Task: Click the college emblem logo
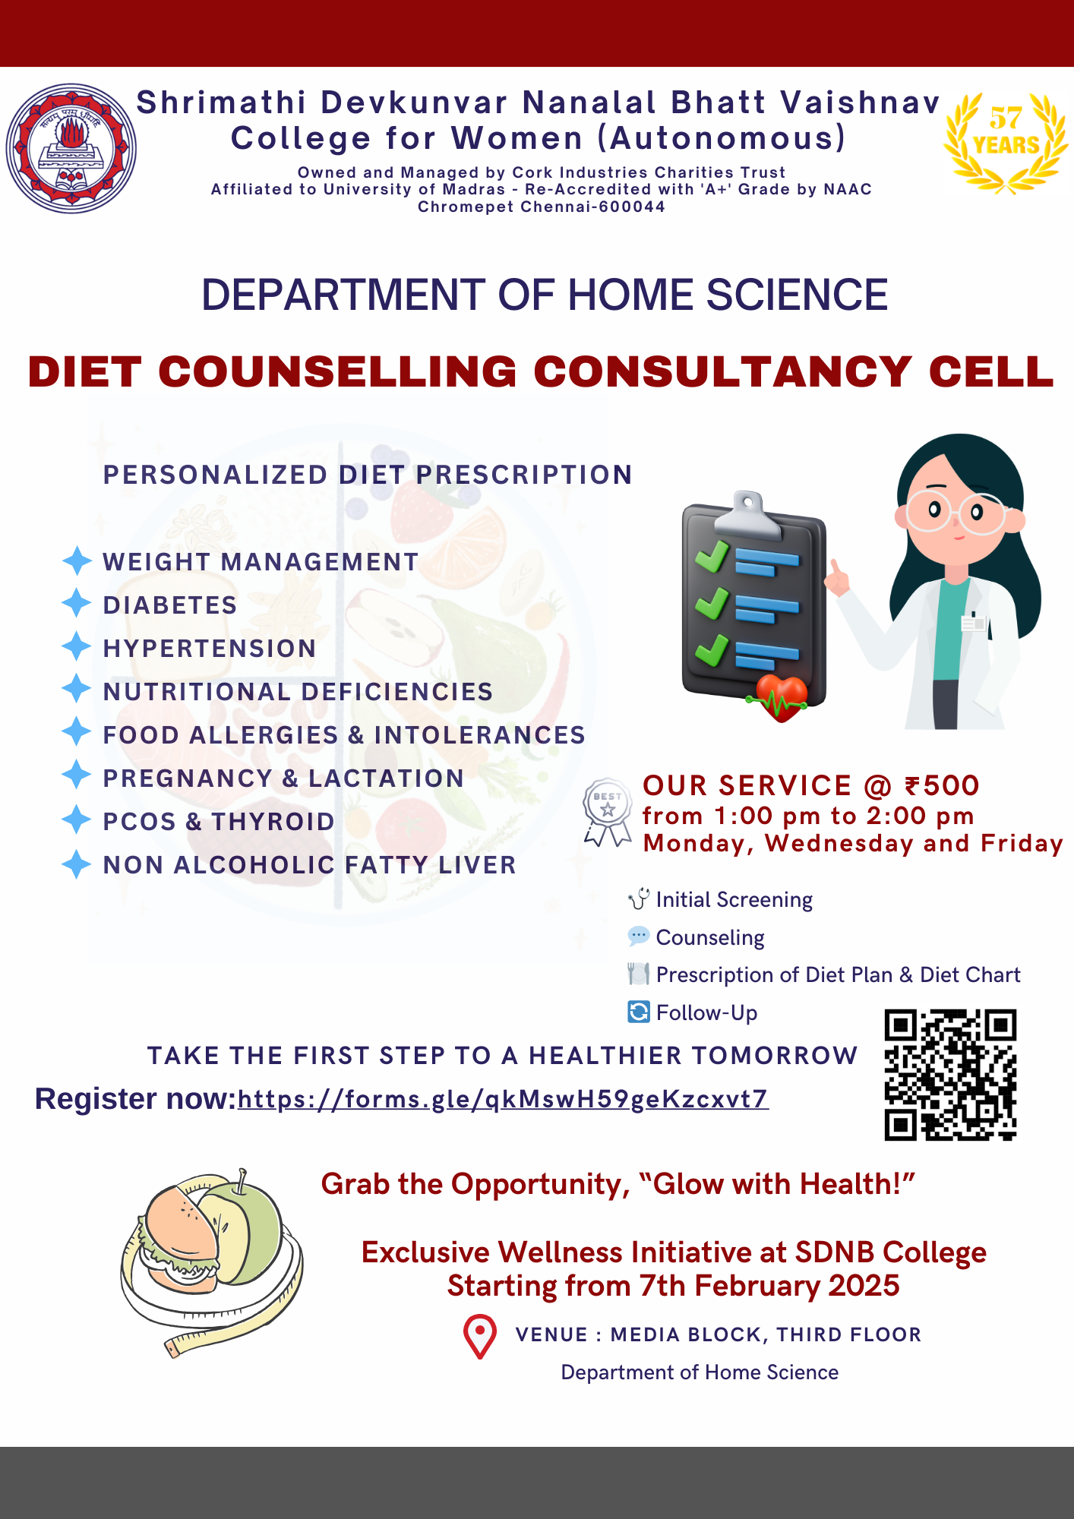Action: click(71, 148)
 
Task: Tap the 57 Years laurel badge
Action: click(1005, 142)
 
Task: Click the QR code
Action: click(950, 1075)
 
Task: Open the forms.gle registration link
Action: click(503, 1099)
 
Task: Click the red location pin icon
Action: click(480, 1336)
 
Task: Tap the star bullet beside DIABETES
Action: click(76, 604)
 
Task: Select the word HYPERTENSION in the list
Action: click(210, 649)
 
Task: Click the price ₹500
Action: click(942, 785)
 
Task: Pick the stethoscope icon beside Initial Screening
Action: click(639, 899)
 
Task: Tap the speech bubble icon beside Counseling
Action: click(639, 936)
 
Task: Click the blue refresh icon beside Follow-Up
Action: click(639, 1012)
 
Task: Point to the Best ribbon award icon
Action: click(608, 811)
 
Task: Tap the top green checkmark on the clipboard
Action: click(712, 556)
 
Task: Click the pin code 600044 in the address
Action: click(632, 207)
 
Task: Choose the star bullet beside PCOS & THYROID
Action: click(76, 820)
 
